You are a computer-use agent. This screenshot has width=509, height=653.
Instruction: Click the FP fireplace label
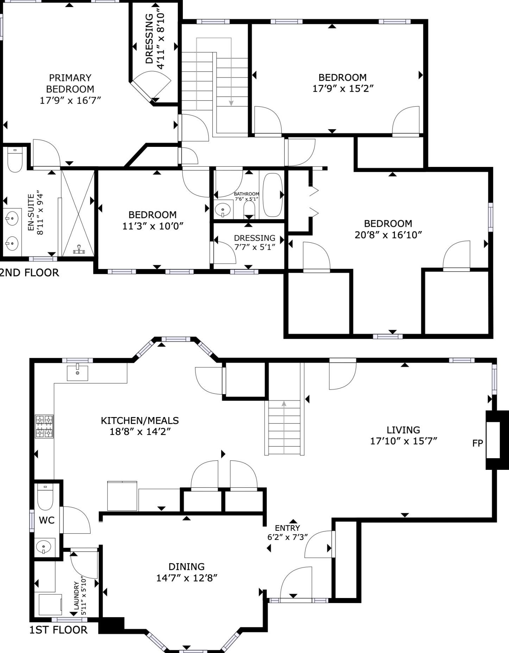tap(477, 443)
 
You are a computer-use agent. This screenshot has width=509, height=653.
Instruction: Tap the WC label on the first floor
tap(46, 520)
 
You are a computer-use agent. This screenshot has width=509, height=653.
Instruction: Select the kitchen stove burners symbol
tap(44, 427)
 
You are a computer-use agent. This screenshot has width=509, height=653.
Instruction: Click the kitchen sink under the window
tap(77, 373)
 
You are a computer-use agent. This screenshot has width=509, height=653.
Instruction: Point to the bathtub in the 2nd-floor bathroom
tap(273, 195)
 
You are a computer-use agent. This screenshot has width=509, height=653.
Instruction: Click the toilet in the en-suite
tap(15, 160)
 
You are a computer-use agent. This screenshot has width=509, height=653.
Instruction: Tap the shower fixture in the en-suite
tap(79, 250)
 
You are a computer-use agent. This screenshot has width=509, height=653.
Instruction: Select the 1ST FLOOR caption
tap(58, 630)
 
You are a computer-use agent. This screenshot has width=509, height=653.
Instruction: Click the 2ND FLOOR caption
tap(29, 273)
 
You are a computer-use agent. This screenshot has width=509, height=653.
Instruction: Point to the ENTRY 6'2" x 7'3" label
tap(287, 533)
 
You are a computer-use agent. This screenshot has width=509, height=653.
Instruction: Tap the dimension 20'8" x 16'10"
tap(388, 235)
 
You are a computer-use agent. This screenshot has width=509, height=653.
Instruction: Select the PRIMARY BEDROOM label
tap(70, 83)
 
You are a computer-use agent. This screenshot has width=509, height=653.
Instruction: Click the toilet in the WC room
tap(45, 497)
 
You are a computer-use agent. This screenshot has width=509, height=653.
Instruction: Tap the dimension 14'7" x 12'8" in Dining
tap(187, 578)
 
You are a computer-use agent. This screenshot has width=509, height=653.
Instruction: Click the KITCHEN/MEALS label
tap(140, 421)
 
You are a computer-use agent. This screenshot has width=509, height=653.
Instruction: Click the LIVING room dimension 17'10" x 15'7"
tap(403, 441)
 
